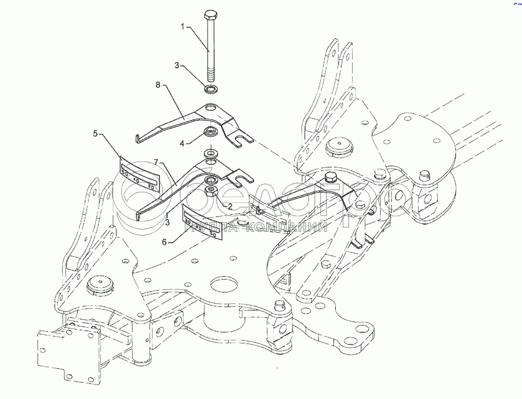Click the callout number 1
click(x=183, y=27)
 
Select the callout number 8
click(x=157, y=85)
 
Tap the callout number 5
click(x=96, y=134)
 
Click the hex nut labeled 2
click(x=212, y=192)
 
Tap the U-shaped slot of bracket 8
click(x=244, y=139)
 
